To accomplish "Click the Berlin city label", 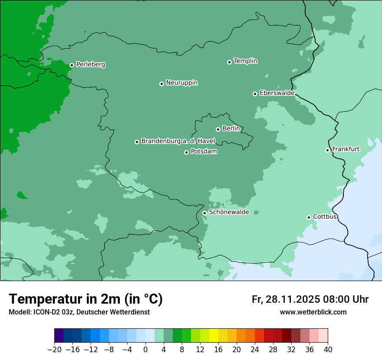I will [x=231, y=129].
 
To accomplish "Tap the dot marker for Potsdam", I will [x=186, y=152].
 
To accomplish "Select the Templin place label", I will [x=245, y=61].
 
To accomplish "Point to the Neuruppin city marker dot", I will [x=161, y=84].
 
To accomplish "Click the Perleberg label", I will [x=90, y=65].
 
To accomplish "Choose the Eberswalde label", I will [x=277, y=93].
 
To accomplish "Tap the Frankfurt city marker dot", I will [x=327, y=150].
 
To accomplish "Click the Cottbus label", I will [x=325, y=217].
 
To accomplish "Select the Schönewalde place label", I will [x=229, y=213].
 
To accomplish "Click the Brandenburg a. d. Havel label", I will [x=178, y=141].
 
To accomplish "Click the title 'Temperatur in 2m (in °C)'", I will [x=86, y=299].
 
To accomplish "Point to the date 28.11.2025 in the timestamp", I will [x=292, y=299].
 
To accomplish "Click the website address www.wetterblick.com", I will [x=313, y=312].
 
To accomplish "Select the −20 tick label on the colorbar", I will [x=54, y=349].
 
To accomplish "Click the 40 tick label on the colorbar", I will [x=328, y=349].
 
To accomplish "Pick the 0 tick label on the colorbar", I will [x=145, y=349].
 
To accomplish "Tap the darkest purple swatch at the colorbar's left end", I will [x=59, y=336].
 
